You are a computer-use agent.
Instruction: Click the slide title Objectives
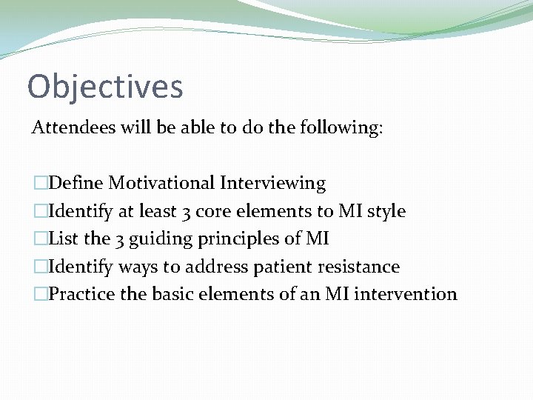click(x=105, y=86)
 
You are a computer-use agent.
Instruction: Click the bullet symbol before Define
click(x=39, y=183)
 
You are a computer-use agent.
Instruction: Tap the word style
click(x=385, y=211)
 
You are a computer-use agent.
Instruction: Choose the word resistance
click(x=361, y=266)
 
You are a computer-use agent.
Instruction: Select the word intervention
click(x=406, y=294)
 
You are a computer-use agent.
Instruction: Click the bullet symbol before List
click(x=39, y=239)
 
